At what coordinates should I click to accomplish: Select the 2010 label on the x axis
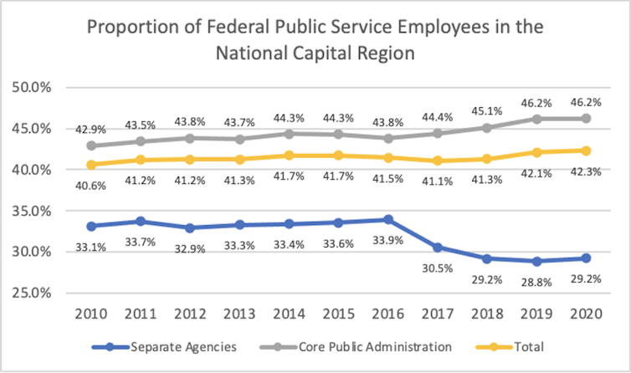tap(90, 314)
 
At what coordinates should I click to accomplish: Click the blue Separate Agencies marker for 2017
tap(438, 248)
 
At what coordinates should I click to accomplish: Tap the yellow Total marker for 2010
tap(90, 165)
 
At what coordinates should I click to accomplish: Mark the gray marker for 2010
tap(90, 146)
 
